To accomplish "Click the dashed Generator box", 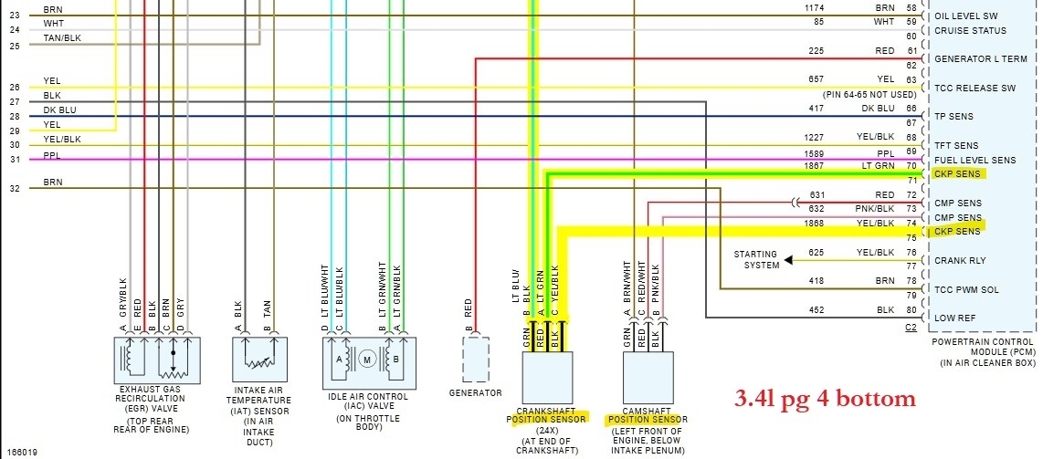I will click(x=475, y=359).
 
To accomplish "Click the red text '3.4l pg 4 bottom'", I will click(x=825, y=399).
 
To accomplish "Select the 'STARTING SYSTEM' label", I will click(x=755, y=259).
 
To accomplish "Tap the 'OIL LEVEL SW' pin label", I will click(x=965, y=16).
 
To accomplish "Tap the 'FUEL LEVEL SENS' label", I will click(x=974, y=160).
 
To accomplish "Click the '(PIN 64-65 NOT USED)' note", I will click(x=869, y=94).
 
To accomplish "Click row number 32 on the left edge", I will click(x=14, y=188).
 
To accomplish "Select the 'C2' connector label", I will click(x=911, y=326).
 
